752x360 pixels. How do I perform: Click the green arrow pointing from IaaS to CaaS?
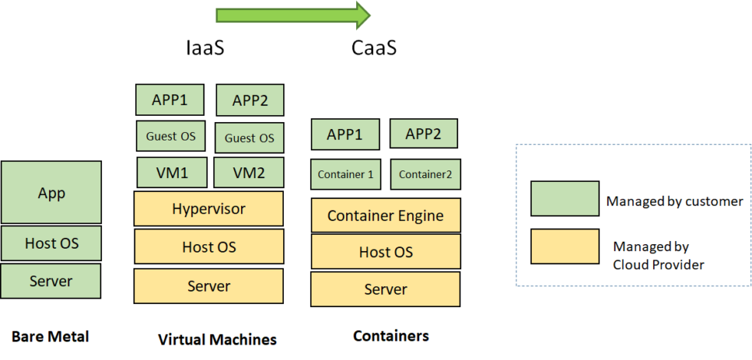pyautogui.click(x=293, y=15)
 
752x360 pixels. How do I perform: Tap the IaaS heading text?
pyautogui.click(x=205, y=48)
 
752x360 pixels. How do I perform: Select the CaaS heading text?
pyautogui.click(x=374, y=48)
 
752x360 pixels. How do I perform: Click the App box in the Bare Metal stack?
pyautogui.click(x=51, y=193)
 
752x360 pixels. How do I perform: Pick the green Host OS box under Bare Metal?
pyautogui.click(x=51, y=243)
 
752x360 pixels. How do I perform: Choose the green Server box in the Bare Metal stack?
pyautogui.click(x=51, y=281)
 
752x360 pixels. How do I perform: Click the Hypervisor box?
pyautogui.click(x=209, y=209)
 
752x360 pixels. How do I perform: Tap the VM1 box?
pyautogui.click(x=172, y=172)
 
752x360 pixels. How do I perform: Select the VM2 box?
pyautogui.click(x=249, y=172)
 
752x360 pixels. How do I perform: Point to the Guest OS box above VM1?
pyautogui.click(x=171, y=136)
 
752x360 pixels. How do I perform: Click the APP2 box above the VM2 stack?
pyautogui.click(x=250, y=101)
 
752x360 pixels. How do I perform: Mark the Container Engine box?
pyautogui.click(x=385, y=216)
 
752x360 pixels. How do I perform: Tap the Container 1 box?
pyautogui.click(x=346, y=174)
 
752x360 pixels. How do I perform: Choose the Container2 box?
pyautogui.click(x=425, y=174)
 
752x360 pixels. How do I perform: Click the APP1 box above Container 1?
pyautogui.click(x=345, y=134)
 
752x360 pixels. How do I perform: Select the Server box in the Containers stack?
pyautogui.click(x=385, y=289)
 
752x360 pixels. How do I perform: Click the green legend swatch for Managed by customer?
pyautogui.click(x=565, y=198)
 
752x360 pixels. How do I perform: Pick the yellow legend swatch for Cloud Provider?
pyautogui.click(x=565, y=246)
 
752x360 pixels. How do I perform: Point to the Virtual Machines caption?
pyautogui.click(x=217, y=340)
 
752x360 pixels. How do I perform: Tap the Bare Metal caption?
pyautogui.click(x=51, y=336)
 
